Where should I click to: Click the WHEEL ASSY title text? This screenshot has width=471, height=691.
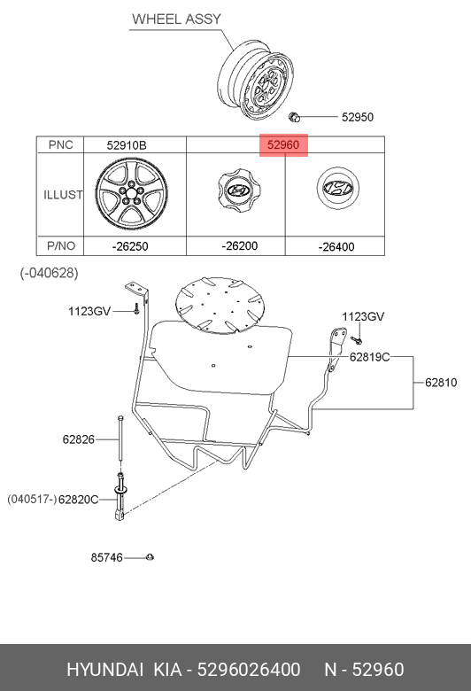tap(176, 19)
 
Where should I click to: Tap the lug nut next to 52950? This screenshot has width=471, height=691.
tap(294, 117)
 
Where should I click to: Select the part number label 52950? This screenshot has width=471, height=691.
tap(358, 117)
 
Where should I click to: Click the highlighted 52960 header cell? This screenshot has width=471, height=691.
tap(283, 145)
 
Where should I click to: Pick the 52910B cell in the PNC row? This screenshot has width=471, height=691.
tap(127, 145)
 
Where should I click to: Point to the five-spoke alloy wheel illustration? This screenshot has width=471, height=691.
tap(131, 194)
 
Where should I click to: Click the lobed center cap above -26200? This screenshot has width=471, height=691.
tap(238, 190)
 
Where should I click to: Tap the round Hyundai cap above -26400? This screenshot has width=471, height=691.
tap(338, 188)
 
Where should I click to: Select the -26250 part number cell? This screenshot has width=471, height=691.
tap(130, 246)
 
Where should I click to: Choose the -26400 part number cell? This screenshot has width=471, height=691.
tap(336, 247)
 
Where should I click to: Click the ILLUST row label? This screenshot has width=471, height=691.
tap(63, 195)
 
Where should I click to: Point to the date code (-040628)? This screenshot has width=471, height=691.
tap(49, 273)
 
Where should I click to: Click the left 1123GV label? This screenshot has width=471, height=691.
tap(89, 312)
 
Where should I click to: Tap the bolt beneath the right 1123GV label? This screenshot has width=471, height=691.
tap(357, 340)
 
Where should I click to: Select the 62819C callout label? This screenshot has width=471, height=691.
tap(370, 356)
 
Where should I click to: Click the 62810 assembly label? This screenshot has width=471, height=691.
tap(441, 383)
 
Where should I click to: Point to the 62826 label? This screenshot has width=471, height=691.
tap(79, 439)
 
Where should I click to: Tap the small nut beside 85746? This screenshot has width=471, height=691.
tap(151, 557)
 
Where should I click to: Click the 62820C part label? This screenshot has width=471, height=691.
tap(79, 500)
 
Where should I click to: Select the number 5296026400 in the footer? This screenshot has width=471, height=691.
tap(249, 670)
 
